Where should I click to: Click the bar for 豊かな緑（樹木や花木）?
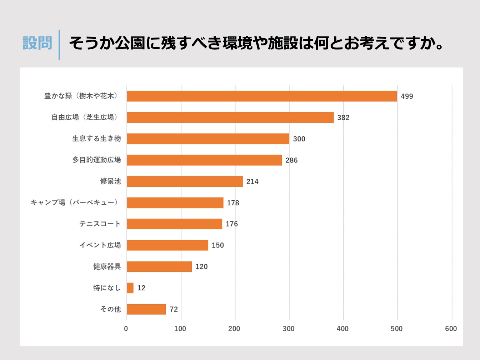coord(262,96)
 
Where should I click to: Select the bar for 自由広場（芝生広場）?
coord(230,117)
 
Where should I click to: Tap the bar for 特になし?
coord(130,288)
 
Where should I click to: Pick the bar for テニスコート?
coord(175,224)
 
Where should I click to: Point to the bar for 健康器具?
coord(159,266)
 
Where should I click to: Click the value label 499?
coord(407,96)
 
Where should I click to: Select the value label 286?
coord(291,160)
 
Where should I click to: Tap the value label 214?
coord(252,181)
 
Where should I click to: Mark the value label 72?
coord(174,309)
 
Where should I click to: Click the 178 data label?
coord(233,203)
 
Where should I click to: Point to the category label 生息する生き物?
coord(96,139)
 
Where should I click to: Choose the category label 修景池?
coord(110,181)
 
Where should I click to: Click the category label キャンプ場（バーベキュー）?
coord(75,202)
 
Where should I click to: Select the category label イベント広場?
coord(100,245)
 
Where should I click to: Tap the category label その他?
coord(110,309)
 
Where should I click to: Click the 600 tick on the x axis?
coord(451,329)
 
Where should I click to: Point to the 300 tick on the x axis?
coord(289,329)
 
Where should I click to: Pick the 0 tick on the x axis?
coord(126,329)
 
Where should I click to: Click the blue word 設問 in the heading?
coord(37,43)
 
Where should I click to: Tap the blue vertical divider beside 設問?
coord(59,45)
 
